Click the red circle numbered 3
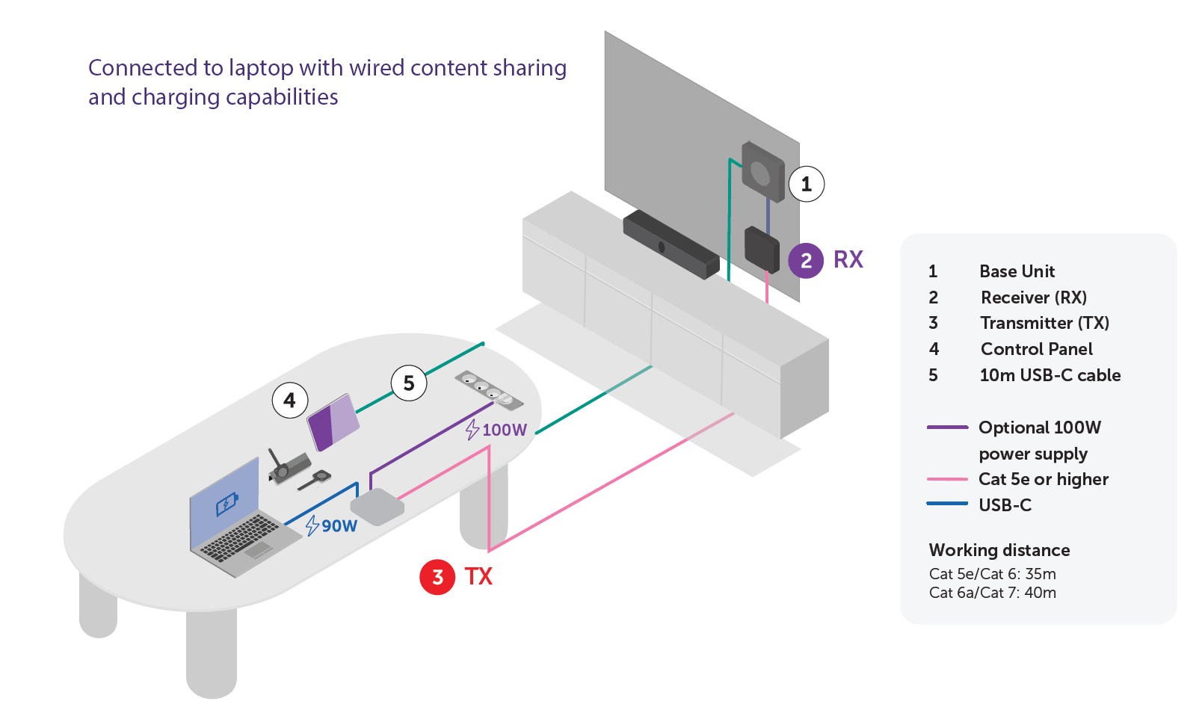click(437, 577)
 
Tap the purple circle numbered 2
click(806, 261)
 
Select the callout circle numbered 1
click(807, 184)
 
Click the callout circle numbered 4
click(290, 401)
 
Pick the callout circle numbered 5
click(409, 383)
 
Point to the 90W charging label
click(331, 525)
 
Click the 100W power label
click(496, 430)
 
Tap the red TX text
click(478, 577)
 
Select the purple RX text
click(848, 260)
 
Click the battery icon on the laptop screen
click(227, 503)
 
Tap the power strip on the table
click(489, 390)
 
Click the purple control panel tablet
click(333, 422)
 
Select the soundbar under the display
click(671, 244)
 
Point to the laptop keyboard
click(240, 540)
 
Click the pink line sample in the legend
click(947, 479)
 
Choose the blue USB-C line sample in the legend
click(947, 504)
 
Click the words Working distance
click(999, 550)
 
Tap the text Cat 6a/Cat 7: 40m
click(993, 593)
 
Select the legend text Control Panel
click(1036, 349)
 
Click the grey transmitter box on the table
click(377, 507)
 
